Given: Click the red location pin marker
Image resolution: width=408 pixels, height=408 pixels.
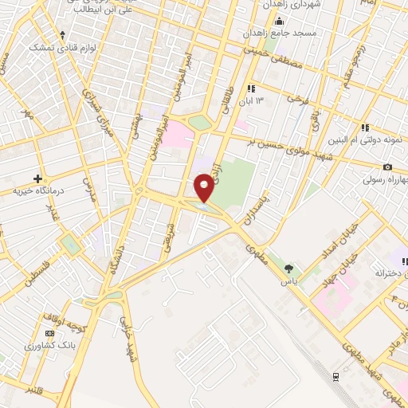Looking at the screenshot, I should coord(204,187).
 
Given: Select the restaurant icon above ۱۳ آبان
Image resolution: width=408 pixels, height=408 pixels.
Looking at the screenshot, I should coord(252,88).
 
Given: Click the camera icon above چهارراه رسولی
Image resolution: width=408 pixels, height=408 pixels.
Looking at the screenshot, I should coord(387,167).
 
